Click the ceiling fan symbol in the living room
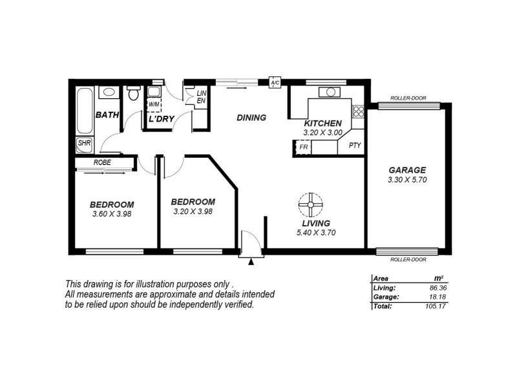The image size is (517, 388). pos(311,205)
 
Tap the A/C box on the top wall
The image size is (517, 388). pos(275,83)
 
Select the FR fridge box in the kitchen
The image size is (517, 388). pos(302,148)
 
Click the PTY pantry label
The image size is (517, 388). pos(354,145)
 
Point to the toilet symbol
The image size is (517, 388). pos(134,94)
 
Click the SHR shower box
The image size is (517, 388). pos(85,144)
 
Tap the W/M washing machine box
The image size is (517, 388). pos(154,103)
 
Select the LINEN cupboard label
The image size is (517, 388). pos(201,97)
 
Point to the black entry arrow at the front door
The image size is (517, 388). pos(251,261)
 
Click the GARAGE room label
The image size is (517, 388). pos(406,171)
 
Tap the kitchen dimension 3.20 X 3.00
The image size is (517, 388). pos(322,132)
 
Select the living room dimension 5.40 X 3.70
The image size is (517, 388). pos(316,233)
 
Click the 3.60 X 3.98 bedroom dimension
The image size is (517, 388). pos(112,213)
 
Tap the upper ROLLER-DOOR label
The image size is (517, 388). pos(408,99)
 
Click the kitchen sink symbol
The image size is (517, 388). pos(331,92)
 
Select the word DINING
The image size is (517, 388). pos(251,118)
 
